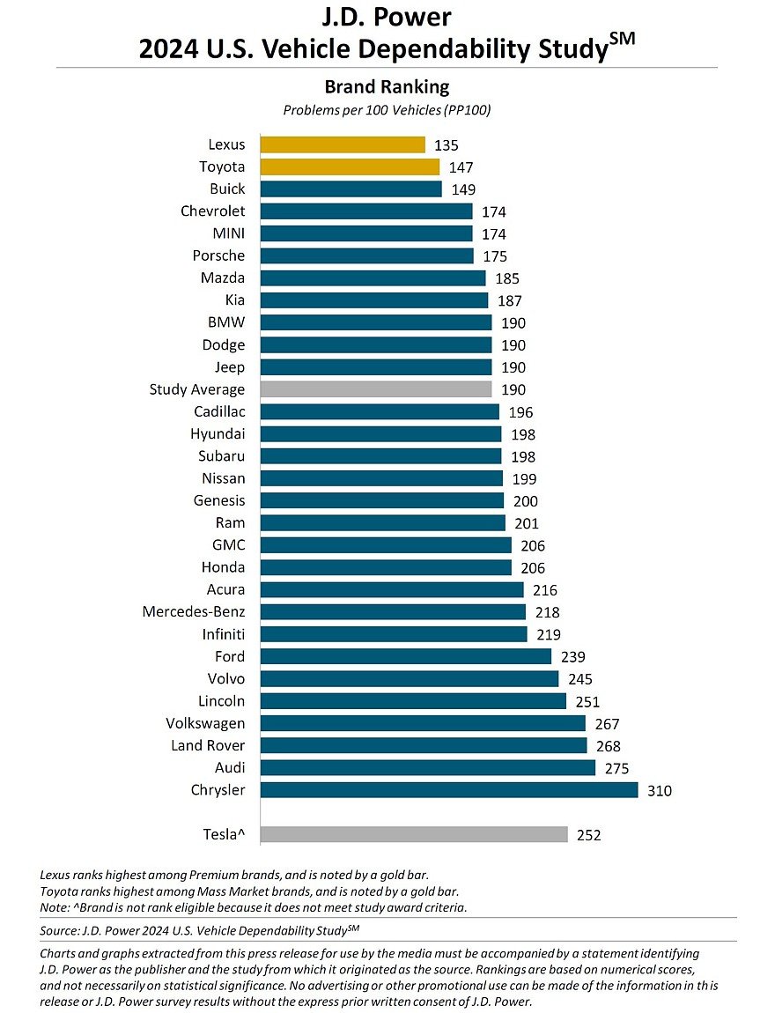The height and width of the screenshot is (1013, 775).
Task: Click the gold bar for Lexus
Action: coord(343,144)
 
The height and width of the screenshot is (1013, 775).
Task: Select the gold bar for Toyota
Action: coord(350,166)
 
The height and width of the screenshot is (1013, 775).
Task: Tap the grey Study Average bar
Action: coord(376,389)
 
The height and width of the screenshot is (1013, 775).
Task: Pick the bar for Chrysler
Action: coord(449,790)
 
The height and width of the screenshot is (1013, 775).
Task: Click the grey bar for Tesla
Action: coord(414,834)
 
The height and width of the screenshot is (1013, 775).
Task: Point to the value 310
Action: coord(659,791)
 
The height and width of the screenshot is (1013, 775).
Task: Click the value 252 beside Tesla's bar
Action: coord(588,835)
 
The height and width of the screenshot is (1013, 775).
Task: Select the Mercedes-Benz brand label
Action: coord(194,611)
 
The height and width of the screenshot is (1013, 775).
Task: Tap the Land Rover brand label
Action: coord(208,745)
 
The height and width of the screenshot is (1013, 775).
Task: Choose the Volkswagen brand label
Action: coord(205,723)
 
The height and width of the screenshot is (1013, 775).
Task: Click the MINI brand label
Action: coord(227,233)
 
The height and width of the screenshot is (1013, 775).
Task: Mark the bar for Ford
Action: coord(405,656)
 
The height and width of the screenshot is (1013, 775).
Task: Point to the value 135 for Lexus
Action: coord(447,145)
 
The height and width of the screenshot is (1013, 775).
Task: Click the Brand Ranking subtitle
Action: coord(387,87)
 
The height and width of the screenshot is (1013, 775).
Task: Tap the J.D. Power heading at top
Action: coord(387,18)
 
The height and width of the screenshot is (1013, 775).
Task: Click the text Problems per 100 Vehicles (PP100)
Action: coord(387,111)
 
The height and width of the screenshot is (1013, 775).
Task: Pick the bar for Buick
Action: coord(351,189)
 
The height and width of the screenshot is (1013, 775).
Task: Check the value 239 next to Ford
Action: coord(572,657)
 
